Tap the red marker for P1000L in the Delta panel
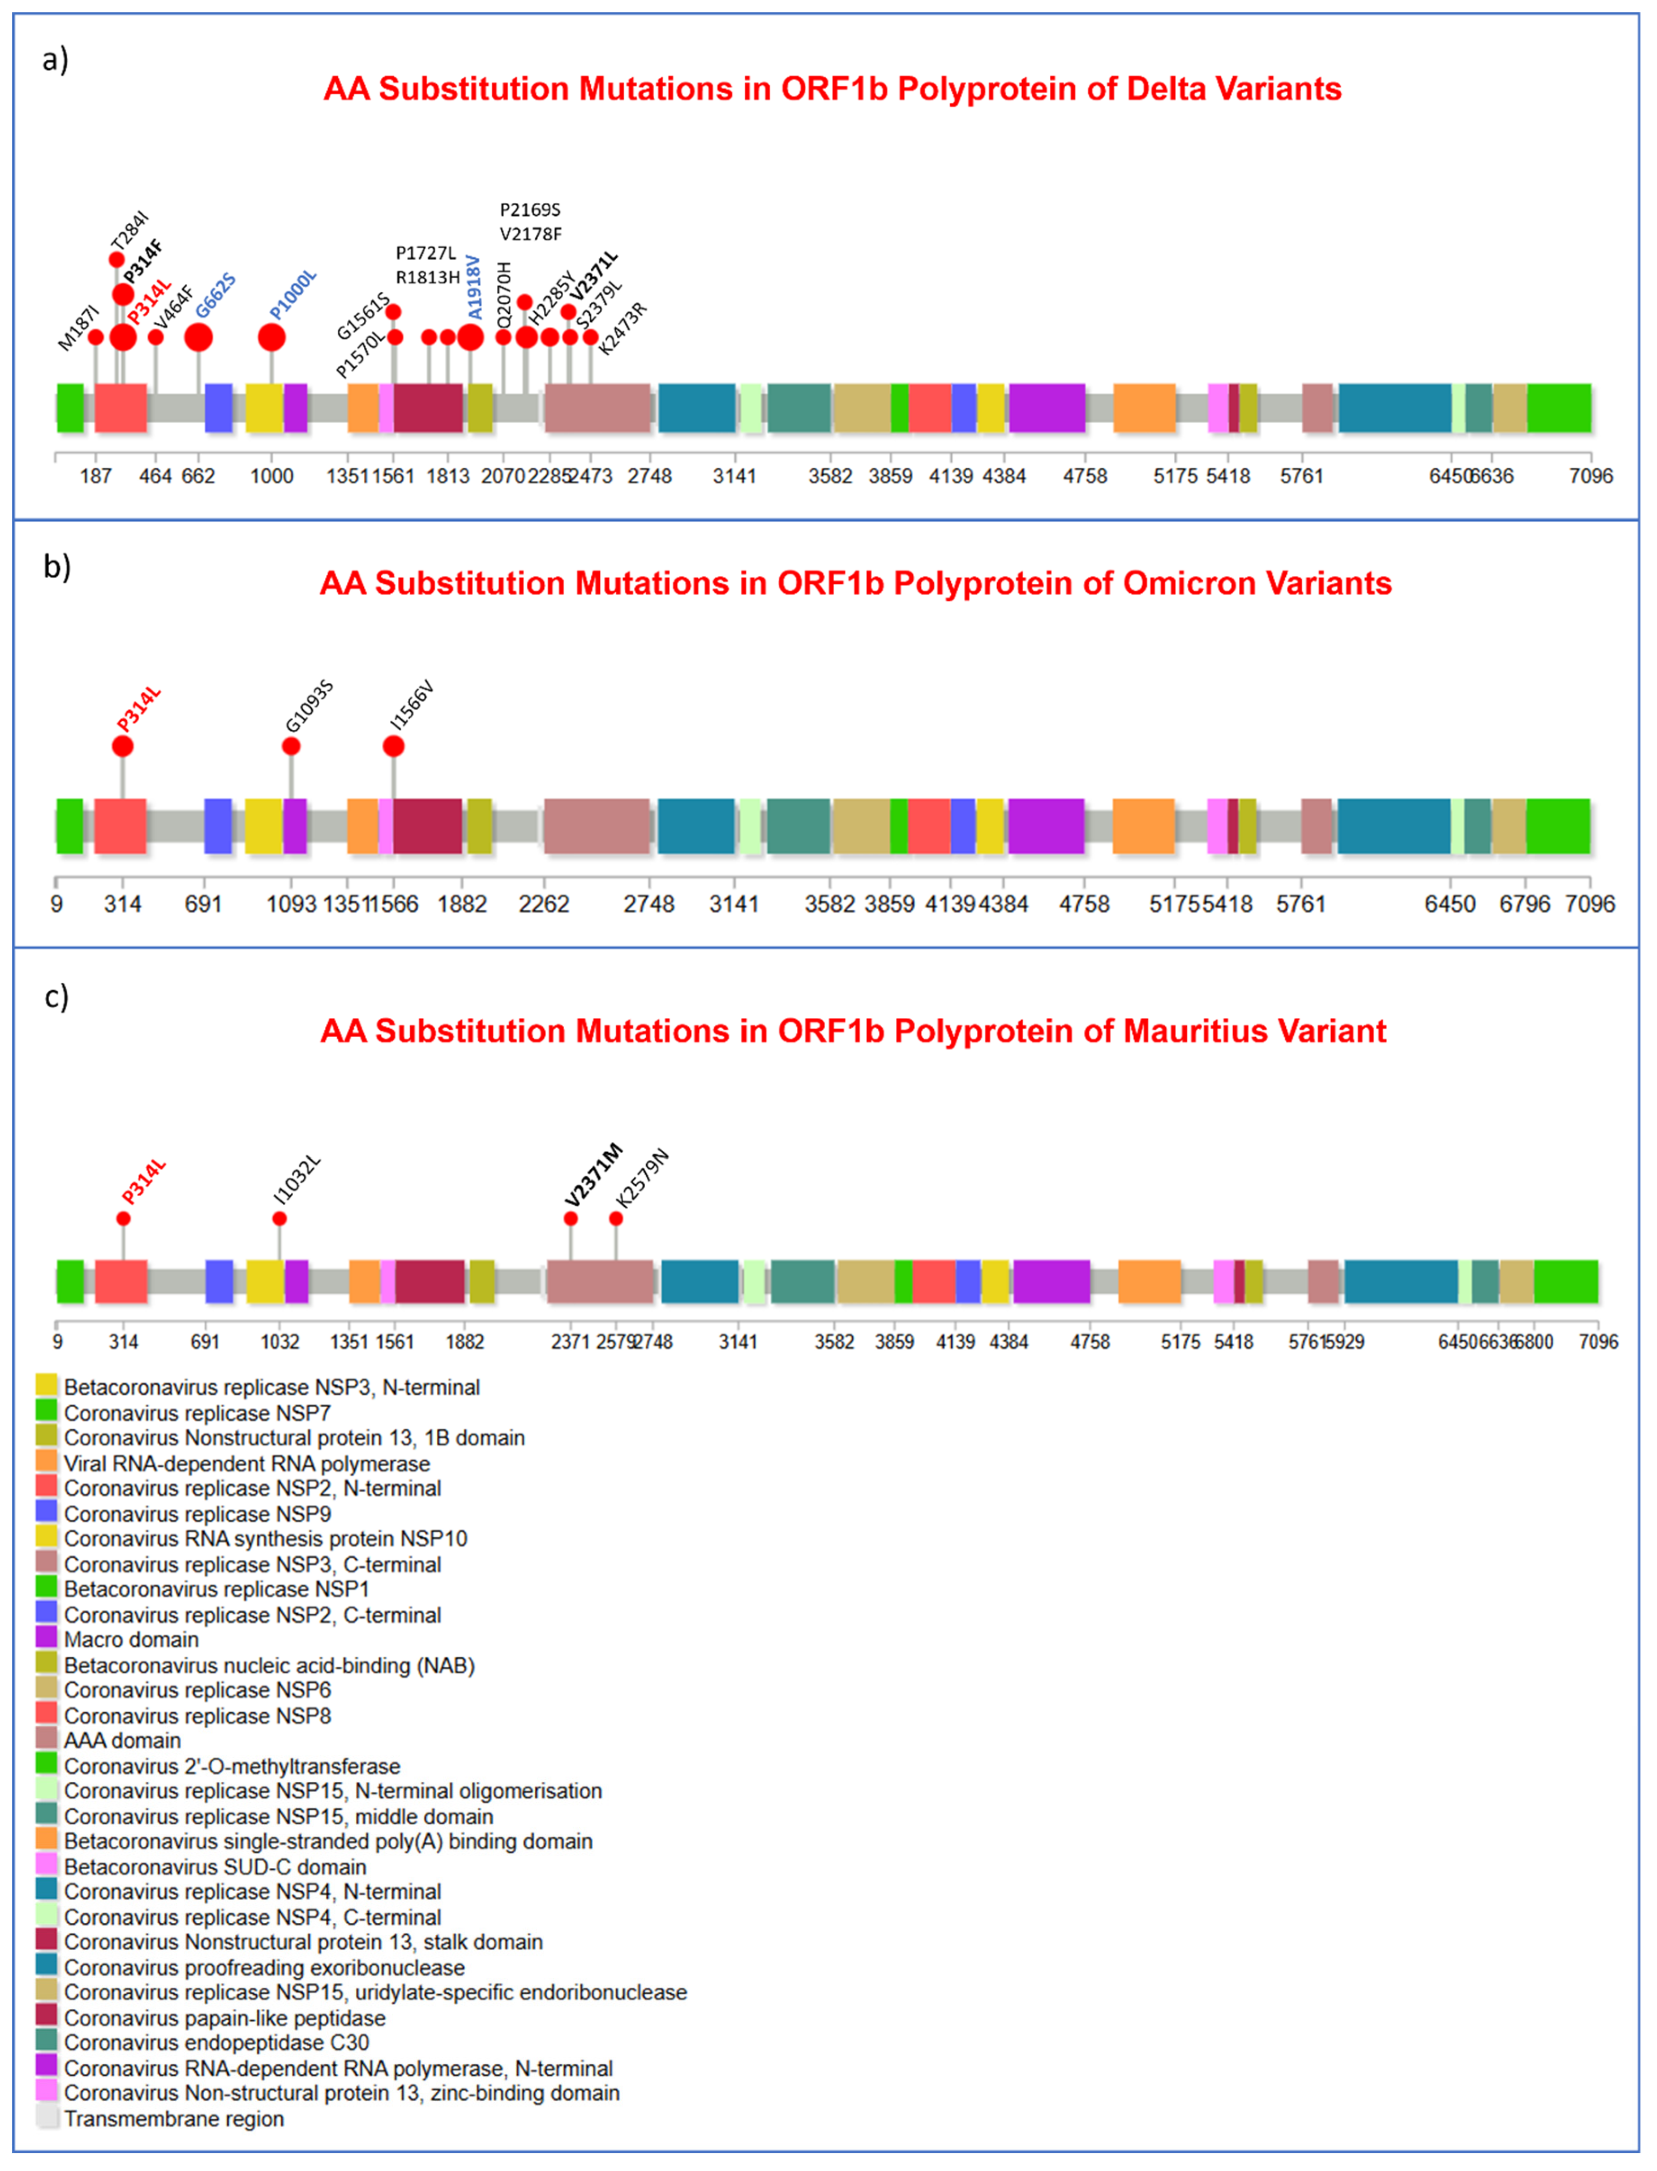[271, 337]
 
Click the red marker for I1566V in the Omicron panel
[394, 746]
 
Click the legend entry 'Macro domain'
[131, 1640]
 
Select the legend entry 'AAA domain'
[122, 1740]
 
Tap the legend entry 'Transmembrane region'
[174, 2119]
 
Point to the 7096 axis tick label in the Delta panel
[1590, 476]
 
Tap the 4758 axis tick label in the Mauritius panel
[1090, 1342]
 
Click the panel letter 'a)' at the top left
[55, 60]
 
